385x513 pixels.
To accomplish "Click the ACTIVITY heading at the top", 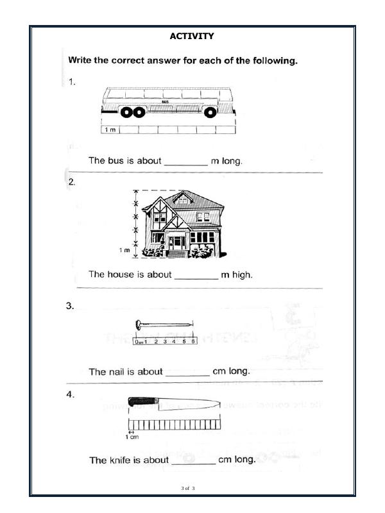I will pyautogui.click(x=192, y=37).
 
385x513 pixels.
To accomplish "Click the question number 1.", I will pyautogui.click(x=73, y=81).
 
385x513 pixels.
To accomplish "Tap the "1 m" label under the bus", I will pyautogui.click(x=110, y=130).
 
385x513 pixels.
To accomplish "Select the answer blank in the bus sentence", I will pyautogui.click(x=186, y=162).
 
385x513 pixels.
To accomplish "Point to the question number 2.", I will pyautogui.click(x=73, y=182).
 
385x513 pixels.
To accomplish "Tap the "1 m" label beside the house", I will pyautogui.click(x=124, y=249).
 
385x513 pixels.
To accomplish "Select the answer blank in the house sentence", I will pyautogui.click(x=196, y=275).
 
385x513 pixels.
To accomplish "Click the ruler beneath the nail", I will pyautogui.click(x=165, y=342).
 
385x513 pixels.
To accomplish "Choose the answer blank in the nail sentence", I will pyautogui.click(x=187, y=372).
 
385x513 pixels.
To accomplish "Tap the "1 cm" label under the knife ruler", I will pyautogui.click(x=132, y=437).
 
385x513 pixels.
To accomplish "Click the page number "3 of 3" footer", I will pyautogui.click(x=188, y=489).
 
